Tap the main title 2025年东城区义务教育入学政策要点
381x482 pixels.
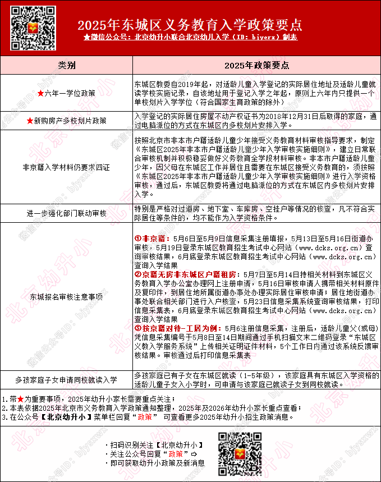(190, 25)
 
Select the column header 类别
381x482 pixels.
(67, 65)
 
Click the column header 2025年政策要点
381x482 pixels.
(256, 65)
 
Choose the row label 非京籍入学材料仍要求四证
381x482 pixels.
(67, 167)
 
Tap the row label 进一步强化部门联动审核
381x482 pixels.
(67, 213)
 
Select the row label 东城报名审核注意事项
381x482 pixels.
(67, 296)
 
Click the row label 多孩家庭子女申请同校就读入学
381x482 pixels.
(67, 380)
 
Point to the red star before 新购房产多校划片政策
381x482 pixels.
(30, 121)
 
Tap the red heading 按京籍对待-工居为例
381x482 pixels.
(178, 328)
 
